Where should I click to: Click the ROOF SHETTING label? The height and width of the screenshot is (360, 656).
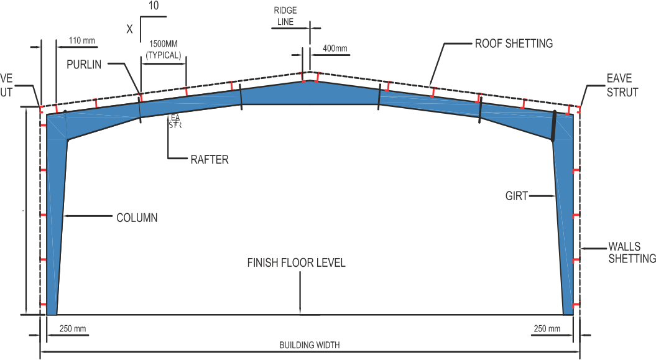[514, 44]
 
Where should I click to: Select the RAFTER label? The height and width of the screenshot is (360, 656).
[209, 160]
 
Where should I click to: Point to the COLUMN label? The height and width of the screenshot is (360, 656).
[137, 218]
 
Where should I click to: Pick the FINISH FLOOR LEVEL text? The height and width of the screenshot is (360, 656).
[296, 262]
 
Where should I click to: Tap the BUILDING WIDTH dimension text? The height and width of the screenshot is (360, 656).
[309, 345]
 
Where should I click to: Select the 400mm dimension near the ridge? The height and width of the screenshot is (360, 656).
[335, 48]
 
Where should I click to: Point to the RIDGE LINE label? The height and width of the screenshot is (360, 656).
[286, 16]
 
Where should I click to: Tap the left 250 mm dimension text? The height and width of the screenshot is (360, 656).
[72, 328]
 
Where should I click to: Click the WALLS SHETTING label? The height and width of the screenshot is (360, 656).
[632, 252]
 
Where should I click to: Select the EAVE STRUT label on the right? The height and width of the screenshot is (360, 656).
[622, 86]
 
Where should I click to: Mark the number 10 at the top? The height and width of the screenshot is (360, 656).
[154, 7]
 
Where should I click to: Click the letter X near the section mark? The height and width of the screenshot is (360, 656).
[129, 28]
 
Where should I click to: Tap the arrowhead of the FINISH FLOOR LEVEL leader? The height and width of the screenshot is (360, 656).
[300, 312]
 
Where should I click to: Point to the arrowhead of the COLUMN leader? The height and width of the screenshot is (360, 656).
[65, 217]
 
